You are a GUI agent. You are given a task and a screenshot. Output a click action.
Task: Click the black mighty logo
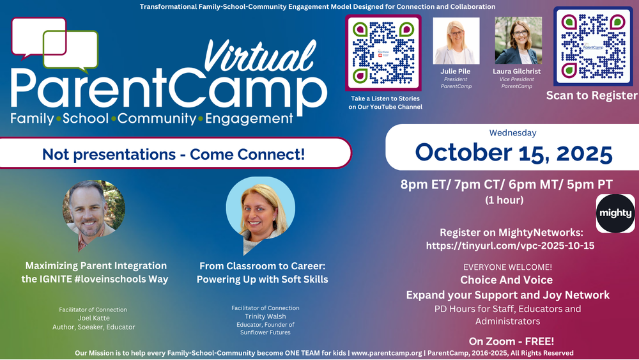click(x=615, y=213)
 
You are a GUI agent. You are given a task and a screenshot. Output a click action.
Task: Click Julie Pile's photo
click(x=456, y=41)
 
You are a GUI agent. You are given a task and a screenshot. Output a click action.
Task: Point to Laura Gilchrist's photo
click(x=518, y=41)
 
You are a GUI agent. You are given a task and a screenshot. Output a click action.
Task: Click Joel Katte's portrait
click(x=94, y=212)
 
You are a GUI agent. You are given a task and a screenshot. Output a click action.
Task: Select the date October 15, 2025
click(x=513, y=153)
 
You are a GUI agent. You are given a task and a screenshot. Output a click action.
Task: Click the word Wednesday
click(x=512, y=133)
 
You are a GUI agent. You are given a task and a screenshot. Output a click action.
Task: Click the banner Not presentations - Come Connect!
click(x=173, y=154)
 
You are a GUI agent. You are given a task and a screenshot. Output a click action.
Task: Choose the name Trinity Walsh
click(x=265, y=316)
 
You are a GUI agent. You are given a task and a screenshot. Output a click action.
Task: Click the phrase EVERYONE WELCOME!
click(x=506, y=267)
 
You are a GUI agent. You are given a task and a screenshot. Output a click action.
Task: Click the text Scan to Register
click(x=591, y=95)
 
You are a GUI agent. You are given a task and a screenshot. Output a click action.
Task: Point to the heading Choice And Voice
click(x=506, y=280)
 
